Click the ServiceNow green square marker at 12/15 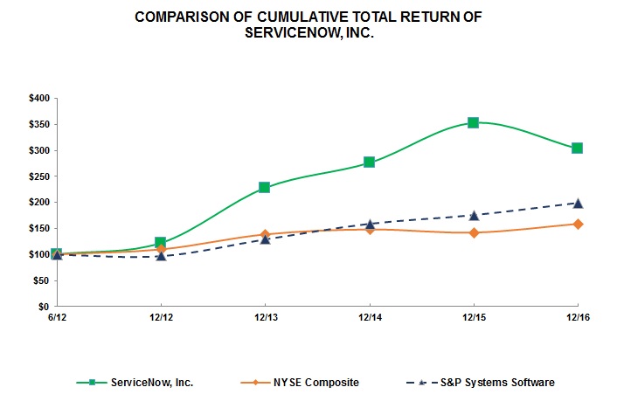click(473, 122)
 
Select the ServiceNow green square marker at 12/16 click(577, 148)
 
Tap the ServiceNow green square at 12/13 click(265, 188)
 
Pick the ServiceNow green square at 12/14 click(369, 162)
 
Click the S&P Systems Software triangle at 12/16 click(577, 203)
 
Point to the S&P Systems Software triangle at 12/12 click(161, 256)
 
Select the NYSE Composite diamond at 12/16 click(577, 224)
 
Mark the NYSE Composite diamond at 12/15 click(473, 232)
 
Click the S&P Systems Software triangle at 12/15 click(473, 215)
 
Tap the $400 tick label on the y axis click(38, 98)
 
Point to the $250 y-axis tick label click(38, 176)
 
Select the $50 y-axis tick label click(40, 280)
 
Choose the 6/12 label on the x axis click(57, 318)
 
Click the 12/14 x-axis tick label click(369, 318)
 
